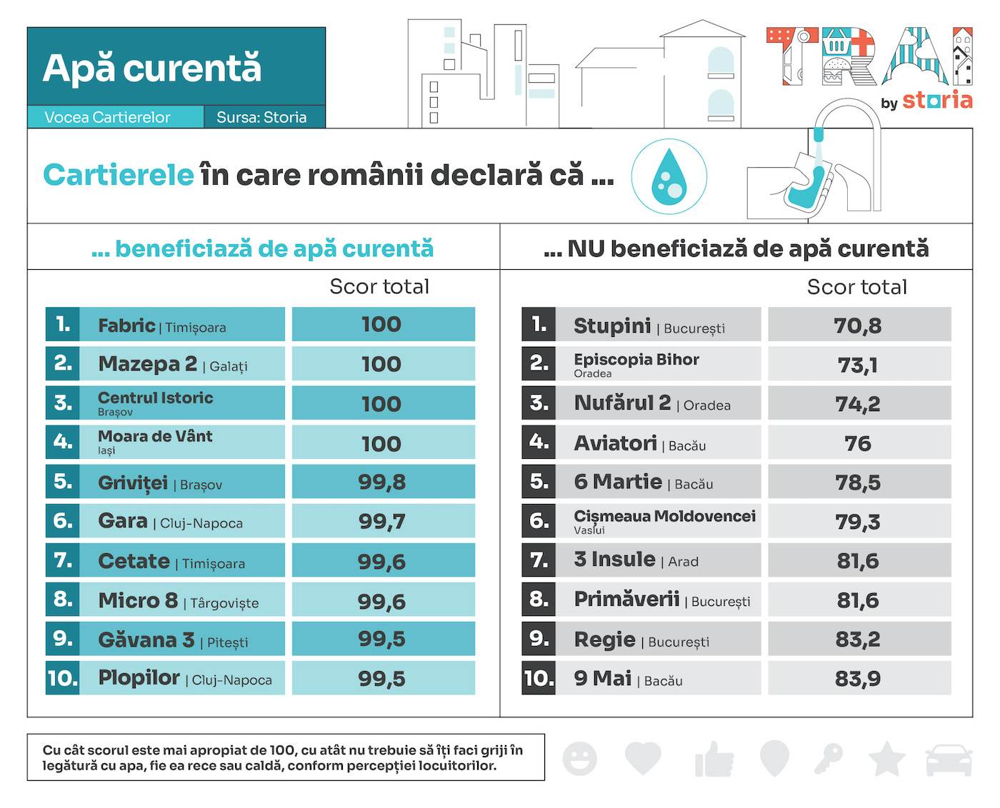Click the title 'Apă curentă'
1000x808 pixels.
152,69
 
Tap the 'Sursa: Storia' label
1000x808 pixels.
261,117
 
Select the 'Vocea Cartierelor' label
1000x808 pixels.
107,117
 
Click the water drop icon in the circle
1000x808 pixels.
669,177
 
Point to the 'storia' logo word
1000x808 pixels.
937,100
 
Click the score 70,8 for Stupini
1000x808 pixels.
858,325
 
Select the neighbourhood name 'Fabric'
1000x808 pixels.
126,325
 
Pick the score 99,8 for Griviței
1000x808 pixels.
381,483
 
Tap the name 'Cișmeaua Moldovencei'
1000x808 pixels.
664,516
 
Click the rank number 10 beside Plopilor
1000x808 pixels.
62,678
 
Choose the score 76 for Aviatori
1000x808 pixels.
858,443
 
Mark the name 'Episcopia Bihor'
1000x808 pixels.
636,359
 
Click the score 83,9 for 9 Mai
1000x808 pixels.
858,678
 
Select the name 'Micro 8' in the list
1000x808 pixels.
138,600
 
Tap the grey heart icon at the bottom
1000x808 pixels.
643,758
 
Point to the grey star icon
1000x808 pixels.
886,758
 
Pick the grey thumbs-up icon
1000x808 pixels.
714,759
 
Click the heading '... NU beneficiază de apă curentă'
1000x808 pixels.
736,248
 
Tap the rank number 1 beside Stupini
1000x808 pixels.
539,325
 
